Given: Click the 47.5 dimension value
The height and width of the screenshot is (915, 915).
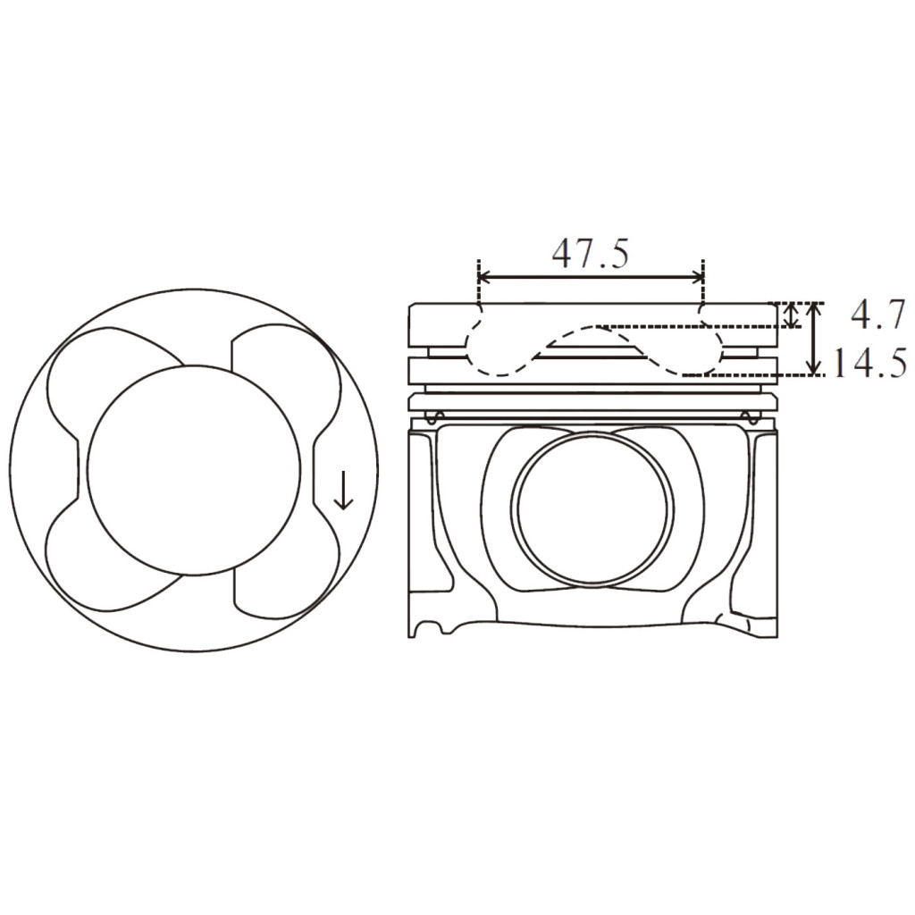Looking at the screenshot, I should pyautogui.click(x=590, y=254).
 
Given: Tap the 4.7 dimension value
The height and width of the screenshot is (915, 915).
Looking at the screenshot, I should pyautogui.click(x=877, y=315).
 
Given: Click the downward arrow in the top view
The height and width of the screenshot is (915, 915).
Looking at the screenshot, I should pyautogui.click(x=343, y=491).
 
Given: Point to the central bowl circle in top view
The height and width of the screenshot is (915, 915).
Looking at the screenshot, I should pyautogui.click(x=194, y=469).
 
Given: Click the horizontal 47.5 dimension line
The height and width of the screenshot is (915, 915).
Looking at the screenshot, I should pyautogui.click(x=590, y=278).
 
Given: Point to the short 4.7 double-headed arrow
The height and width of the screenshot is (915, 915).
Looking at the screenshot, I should pyautogui.click(x=790, y=315).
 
